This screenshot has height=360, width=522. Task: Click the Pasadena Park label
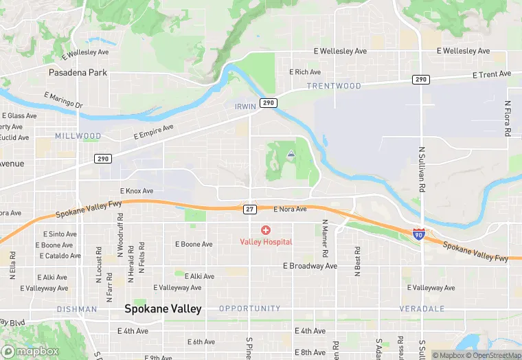pyautogui.click(x=78, y=71)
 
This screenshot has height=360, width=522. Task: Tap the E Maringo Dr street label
pyautogui.click(x=63, y=100)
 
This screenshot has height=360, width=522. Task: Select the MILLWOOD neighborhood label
pyautogui.click(x=78, y=136)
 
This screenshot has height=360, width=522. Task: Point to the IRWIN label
pyautogui.click(x=245, y=106)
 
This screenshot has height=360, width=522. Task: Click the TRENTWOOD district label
pyautogui.click(x=334, y=86)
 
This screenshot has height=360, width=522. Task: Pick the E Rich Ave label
pyautogui.click(x=305, y=71)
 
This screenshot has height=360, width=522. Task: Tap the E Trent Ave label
pyautogui.click(x=492, y=74)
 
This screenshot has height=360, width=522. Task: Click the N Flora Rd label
pyautogui.click(x=508, y=118)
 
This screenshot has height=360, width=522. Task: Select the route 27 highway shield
pyautogui.click(x=250, y=208)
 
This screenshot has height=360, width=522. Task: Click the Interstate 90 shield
pyautogui.click(x=419, y=234)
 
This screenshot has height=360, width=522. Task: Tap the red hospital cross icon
pyautogui.click(x=265, y=230)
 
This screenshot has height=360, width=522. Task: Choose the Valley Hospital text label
pyautogui.click(x=266, y=241)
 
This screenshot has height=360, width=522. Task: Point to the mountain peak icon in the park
pyautogui.click(x=291, y=155)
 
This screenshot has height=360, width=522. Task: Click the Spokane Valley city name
pyautogui.click(x=163, y=309)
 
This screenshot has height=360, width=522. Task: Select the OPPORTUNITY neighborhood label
pyautogui.click(x=250, y=308)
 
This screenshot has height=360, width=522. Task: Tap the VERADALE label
pyautogui.click(x=422, y=308)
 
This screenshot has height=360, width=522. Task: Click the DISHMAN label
pyautogui.click(x=76, y=309)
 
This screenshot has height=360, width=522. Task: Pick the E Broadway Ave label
pyautogui.click(x=310, y=266)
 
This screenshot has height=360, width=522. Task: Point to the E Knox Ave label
pyautogui.click(x=137, y=190)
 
